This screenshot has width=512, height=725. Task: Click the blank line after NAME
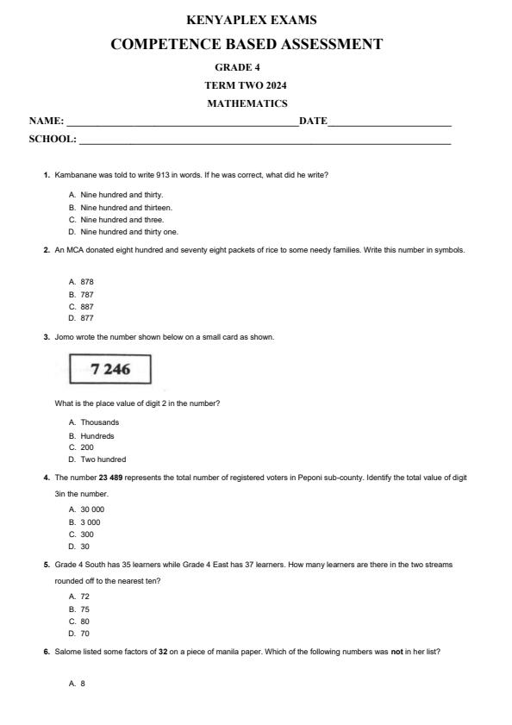pyautogui.click(x=181, y=123)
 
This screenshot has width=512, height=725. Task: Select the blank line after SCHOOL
pyautogui.click(x=264, y=141)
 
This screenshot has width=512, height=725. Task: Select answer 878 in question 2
pyautogui.click(x=86, y=282)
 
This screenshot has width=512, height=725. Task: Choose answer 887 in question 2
pyautogui.click(x=86, y=306)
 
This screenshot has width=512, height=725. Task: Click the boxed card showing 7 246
pyautogui.click(x=110, y=370)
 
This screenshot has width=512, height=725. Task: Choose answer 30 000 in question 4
pyautogui.click(x=92, y=509)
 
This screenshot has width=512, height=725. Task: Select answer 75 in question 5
pyautogui.click(x=84, y=609)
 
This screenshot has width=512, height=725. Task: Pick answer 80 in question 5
pyautogui.click(x=84, y=621)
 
